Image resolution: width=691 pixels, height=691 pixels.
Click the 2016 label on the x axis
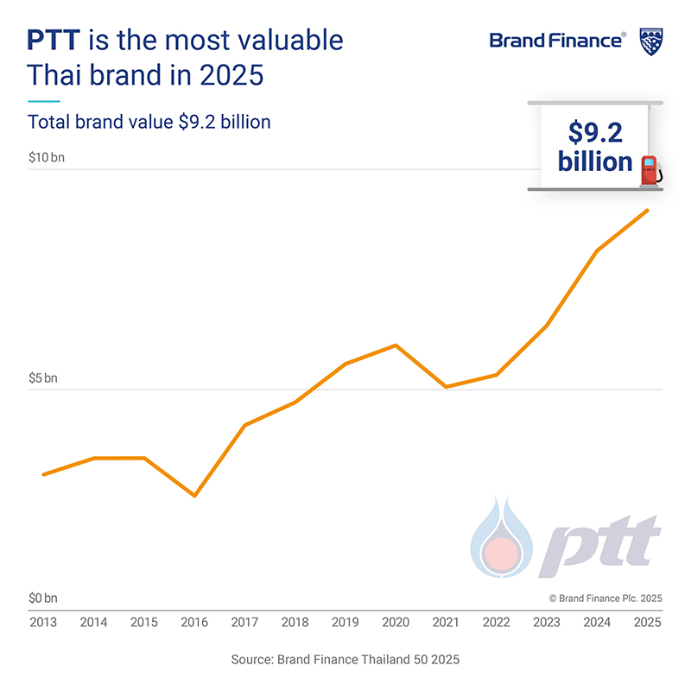coord(194,622)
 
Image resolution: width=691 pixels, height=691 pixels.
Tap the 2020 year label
coord(396,622)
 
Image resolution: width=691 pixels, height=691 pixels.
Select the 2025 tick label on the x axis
coord(648,622)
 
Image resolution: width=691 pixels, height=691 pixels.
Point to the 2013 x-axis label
coord(43,622)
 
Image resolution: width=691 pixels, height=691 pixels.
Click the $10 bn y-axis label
coord(46,158)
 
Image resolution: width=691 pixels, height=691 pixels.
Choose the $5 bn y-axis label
coord(43,378)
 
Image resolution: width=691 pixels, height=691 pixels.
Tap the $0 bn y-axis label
coord(43,598)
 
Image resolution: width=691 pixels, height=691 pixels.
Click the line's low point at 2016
coord(194,495)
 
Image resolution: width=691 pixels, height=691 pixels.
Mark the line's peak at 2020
coord(396,345)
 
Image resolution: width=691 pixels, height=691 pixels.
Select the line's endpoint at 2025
coord(648,211)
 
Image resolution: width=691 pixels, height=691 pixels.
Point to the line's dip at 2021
coord(446,386)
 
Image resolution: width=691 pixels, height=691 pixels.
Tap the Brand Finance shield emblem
coord(650,41)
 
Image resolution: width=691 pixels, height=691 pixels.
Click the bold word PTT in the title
coord(55,41)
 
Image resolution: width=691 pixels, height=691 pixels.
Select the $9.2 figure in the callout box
coord(596,132)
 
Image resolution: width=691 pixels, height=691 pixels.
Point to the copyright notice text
coord(605,598)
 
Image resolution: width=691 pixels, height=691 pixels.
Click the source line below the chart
coord(345,659)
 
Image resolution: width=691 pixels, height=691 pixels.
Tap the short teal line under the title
coord(44,101)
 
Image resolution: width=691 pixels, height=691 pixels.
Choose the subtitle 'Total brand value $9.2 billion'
coord(149,122)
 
